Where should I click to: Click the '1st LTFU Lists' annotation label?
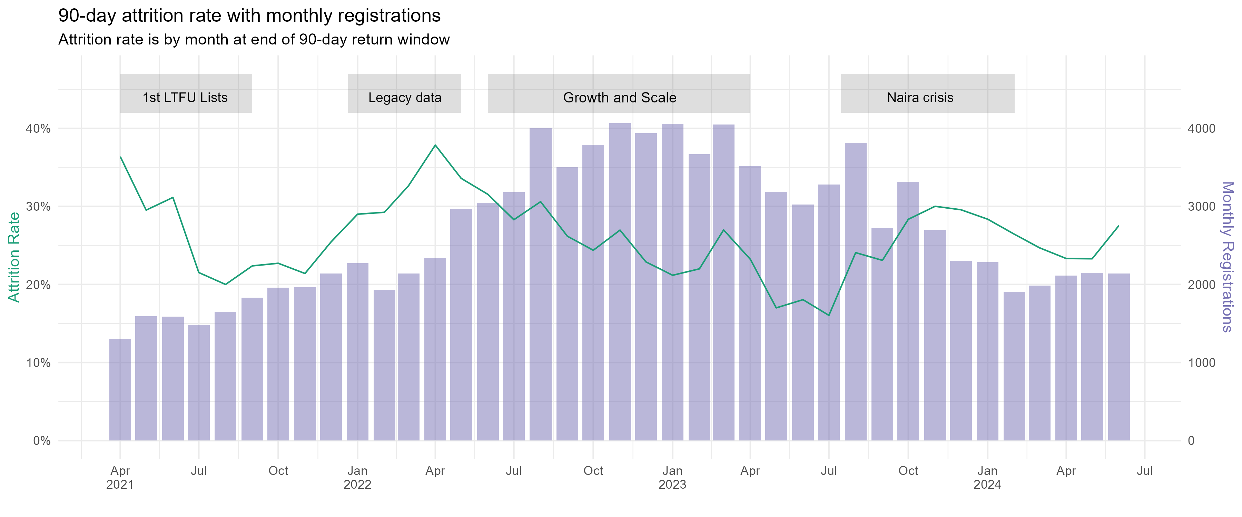pyautogui.click(x=185, y=98)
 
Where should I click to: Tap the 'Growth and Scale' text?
pyautogui.click(x=620, y=98)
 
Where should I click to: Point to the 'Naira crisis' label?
pyautogui.click(x=920, y=98)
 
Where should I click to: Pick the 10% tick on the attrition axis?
pyautogui.click(x=38, y=363)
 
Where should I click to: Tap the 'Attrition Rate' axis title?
pyautogui.click(x=14, y=257)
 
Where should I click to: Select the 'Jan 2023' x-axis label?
pyautogui.click(x=672, y=477)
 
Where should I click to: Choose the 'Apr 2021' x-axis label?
pyautogui.click(x=120, y=477)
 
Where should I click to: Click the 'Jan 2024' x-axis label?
pyautogui.click(x=987, y=477)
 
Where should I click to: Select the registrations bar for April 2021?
pyautogui.click(x=120, y=390)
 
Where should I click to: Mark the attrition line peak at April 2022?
pyautogui.click(x=435, y=145)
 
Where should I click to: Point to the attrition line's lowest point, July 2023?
pyautogui.click(x=829, y=315)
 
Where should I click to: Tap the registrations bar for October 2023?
pyautogui.click(x=908, y=311)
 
